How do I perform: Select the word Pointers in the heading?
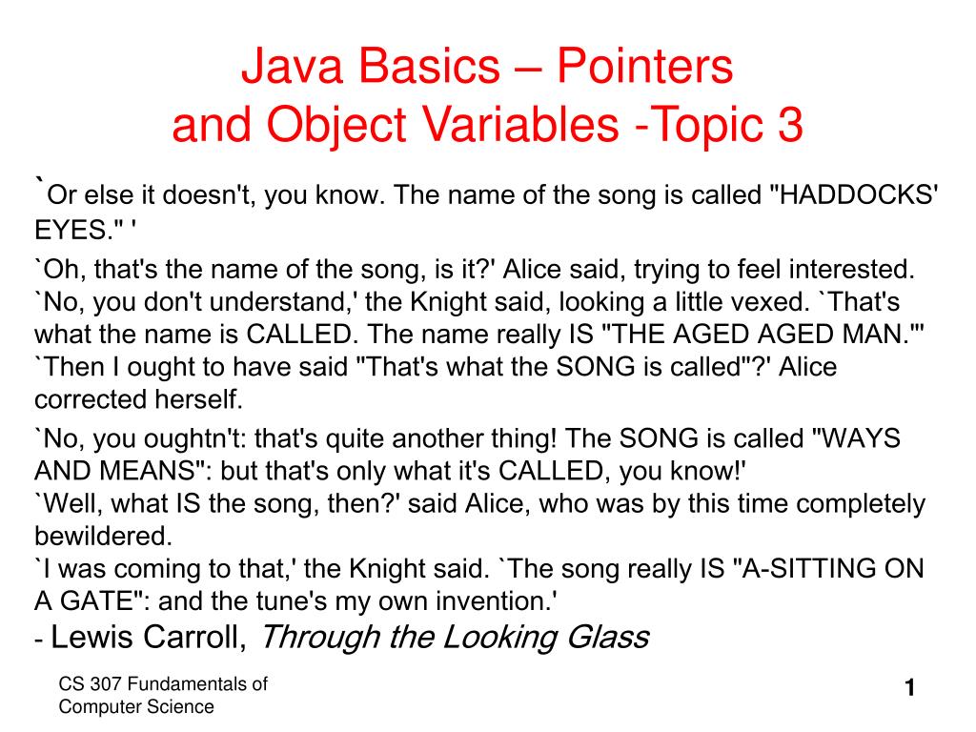(x=645, y=68)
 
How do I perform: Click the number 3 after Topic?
(x=790, y=125)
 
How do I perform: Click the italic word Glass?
(x=603, y=637)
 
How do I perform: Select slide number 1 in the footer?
(x=909, y=688)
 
